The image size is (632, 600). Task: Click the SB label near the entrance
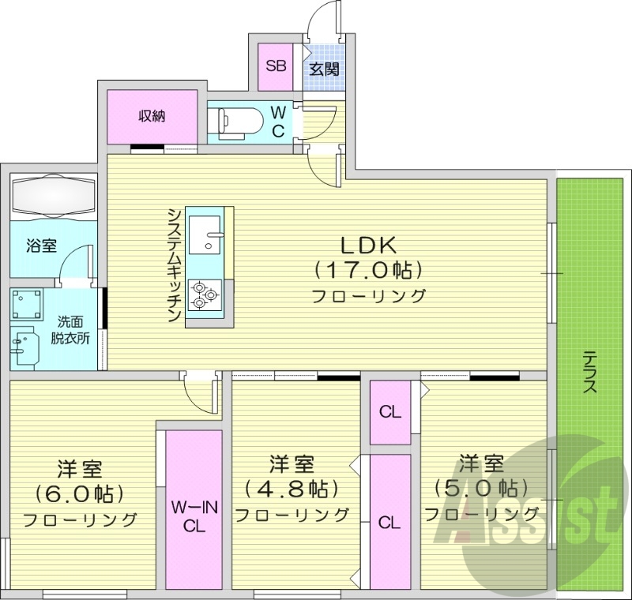coord(276,66)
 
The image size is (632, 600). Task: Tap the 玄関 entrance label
coord(324,69)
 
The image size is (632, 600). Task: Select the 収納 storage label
coord(152,117)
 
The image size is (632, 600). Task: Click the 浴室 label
coord(41,246)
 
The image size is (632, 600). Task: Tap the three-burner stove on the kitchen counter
coord(205,293)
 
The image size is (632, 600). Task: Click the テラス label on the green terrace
coord(589,372)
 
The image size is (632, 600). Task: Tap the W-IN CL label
coord(194,517)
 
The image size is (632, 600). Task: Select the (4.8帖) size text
coord(292,488)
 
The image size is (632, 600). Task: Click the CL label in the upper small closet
coord(390,411)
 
